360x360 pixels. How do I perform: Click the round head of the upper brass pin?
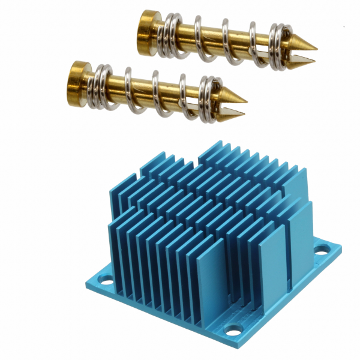tap(146, 28)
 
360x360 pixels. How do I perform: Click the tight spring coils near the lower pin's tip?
tap(209, 99)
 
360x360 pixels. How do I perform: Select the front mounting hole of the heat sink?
tap(232, 329)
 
